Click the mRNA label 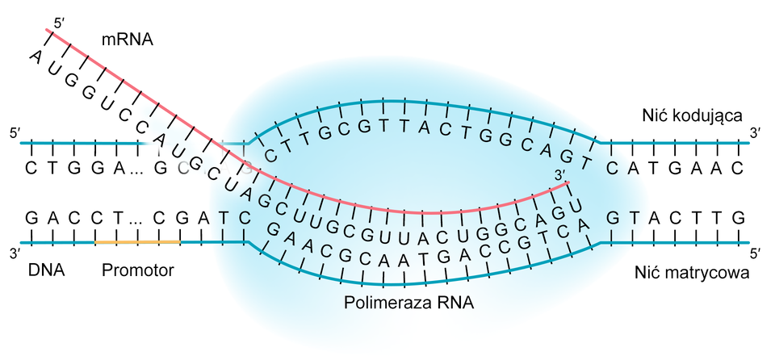click(x=128, y=39)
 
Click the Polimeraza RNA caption click(x=409, y=304)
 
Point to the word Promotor click(x=138, y=270)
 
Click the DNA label click(x=45, y=270)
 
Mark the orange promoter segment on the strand click(x=137, y=241)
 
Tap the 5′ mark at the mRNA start click(x=57, y=20)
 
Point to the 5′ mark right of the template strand click(x=756, y=253)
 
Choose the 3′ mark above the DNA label click(x=14, y=253)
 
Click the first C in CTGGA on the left click(x=31, y=169)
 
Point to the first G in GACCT click(x=31, y=217)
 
